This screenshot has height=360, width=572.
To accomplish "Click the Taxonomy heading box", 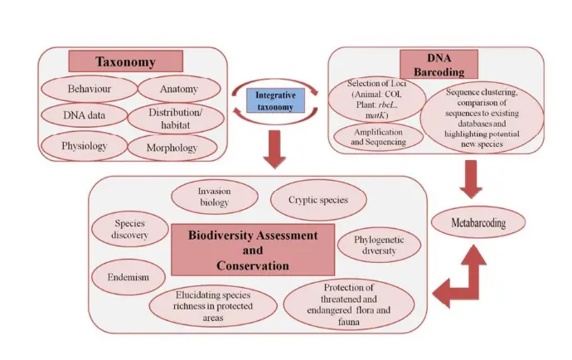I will point(125,61).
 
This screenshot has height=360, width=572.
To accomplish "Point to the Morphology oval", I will point(173,148).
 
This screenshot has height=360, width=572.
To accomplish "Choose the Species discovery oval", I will point(130,230).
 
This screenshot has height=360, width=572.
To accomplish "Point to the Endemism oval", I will point(128,276).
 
